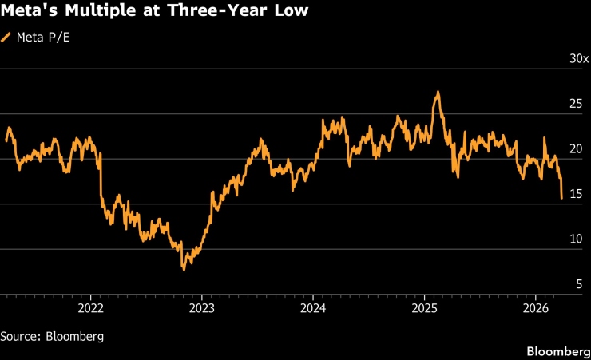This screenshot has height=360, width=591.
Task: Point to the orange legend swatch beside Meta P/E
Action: click(7, 36)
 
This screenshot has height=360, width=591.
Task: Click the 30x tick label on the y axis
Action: click(578, 59)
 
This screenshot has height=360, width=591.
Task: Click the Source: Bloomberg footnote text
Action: click(52, 336)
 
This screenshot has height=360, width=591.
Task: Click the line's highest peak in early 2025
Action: click(437, 93)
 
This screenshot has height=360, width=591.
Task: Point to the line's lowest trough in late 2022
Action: click(184, 269)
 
